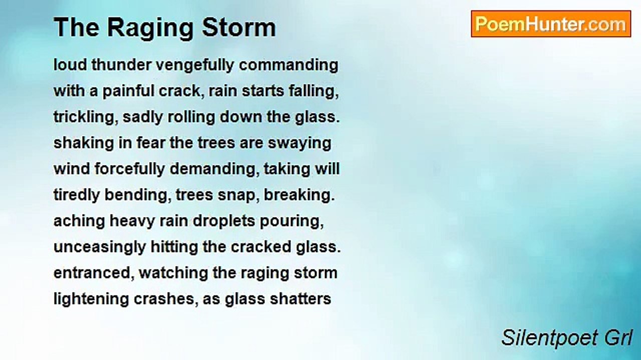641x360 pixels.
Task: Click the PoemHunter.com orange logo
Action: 551,23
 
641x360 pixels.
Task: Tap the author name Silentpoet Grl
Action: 566,337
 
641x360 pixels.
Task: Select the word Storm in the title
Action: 239,27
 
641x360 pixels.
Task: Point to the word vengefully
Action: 195,65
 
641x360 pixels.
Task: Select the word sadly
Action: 143,117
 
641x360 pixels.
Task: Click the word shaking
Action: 84,143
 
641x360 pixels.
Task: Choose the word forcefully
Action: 130,169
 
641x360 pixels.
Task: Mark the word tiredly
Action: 77,195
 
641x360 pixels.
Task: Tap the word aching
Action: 79,221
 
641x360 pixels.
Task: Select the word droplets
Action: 224,221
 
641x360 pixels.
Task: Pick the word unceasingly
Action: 100,247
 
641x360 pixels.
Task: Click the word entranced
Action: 94,273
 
